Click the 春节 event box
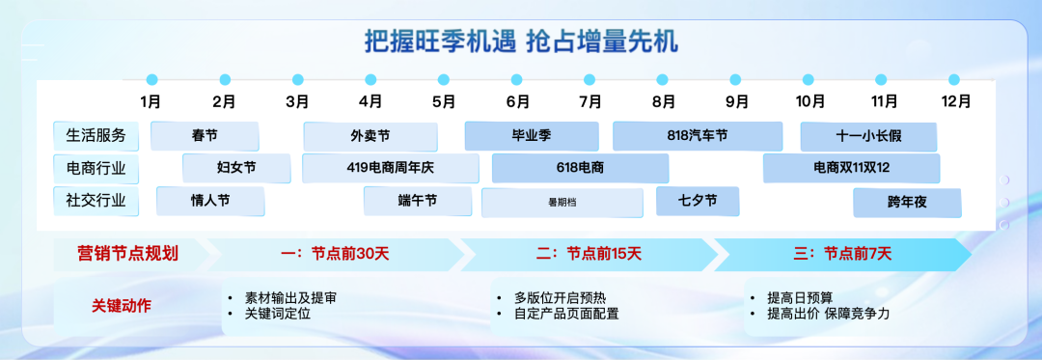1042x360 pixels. coord(205,136)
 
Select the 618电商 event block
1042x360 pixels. coord(580,168)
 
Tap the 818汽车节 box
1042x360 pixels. coord(698,136)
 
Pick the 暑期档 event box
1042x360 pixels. coord(562,203)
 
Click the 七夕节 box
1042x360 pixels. coord(698,202)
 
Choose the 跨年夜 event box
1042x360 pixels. coord(907,203)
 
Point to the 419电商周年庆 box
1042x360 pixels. coord(390,168)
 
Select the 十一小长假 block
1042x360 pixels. coord(868,137)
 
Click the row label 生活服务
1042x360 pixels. coord(96,135)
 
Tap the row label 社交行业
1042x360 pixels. coord(96,200)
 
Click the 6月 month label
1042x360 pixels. coord(518,101)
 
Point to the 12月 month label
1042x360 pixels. coord(955,101)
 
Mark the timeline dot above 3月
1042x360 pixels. coord(298,80)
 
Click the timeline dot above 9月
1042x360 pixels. coord(735,80)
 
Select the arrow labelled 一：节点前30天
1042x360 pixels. coord(337,254)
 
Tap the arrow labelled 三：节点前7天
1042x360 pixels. coord(842,254)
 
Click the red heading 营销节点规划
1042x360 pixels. coord(127,254)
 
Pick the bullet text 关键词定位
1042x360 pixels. coord(277,314)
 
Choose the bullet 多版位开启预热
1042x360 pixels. coord(560,297)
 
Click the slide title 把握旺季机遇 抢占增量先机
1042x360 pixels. coord(521,42)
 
